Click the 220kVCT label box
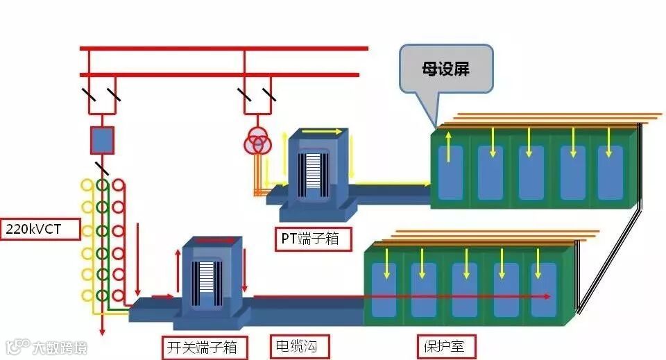(x=42, y=228)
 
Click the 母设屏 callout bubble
(x=446, y=70)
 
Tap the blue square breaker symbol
(x=102, y=139)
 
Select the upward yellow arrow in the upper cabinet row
(x=449, y=146)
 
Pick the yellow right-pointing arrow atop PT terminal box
(x=325, y=131)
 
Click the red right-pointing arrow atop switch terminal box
(x=216, y=240)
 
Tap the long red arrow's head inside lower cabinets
(x=547, y=296)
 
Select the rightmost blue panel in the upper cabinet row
(x=611, y=172)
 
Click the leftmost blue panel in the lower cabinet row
(x=384, y=289)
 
